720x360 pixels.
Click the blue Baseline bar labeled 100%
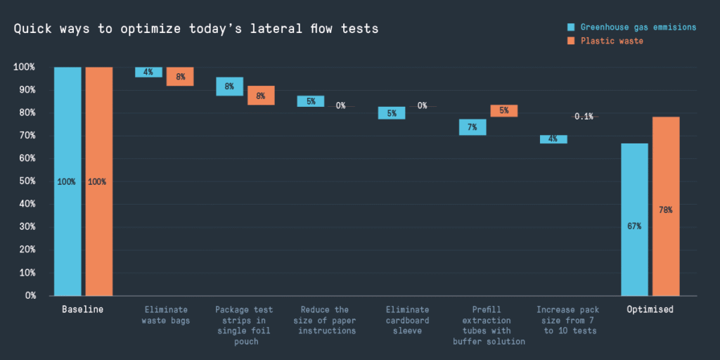point(67,181)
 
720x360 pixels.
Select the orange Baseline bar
point(99,181)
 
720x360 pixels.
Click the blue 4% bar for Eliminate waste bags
point(148,72)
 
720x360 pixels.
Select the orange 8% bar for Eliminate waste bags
point(180,77)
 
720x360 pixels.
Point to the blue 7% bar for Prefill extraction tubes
point(472,127)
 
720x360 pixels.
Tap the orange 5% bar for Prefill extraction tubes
point(504,110)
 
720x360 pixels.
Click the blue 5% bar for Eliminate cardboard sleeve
point(392,113)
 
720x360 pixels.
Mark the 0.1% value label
point(584,116)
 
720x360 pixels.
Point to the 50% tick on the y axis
point(25,181)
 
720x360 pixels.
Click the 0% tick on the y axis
point(29,295)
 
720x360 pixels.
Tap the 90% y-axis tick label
point(25,90)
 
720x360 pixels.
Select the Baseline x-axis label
point(82,309)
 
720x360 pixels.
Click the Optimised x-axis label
point(650,309)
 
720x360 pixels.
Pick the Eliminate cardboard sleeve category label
point(408,320)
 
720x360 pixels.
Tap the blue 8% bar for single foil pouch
point(229,86)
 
